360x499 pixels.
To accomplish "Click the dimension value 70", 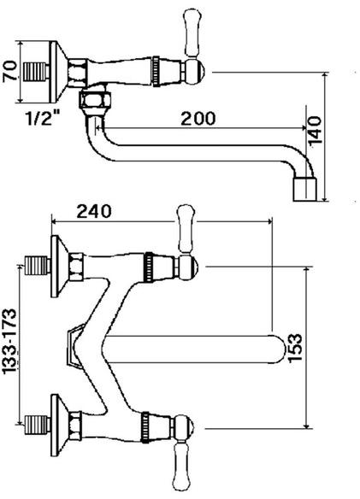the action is pos(10,72).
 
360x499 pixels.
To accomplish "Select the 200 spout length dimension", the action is pos(198,118).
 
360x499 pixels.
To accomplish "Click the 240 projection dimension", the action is pos(94,211).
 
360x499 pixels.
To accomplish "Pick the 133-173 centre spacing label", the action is pos(9,341).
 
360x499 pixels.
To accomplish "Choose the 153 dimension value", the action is pos(295,348).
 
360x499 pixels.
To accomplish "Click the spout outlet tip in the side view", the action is pos(304,190).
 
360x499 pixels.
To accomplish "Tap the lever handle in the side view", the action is pos(193,33).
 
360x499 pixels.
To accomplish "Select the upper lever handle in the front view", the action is pos(186,229).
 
